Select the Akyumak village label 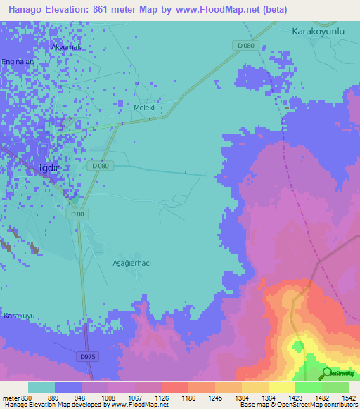(x=67, y=47)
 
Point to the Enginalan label (x=18, y=62)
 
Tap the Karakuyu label (x=19, y=316)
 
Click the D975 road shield (x=87, y=357)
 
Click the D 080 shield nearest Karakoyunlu (x=245, y=46)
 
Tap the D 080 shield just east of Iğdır (x=100, y=165)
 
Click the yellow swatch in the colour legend (x=281, y=387)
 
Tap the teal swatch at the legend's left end (x=41, y=387)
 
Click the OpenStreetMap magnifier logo (x=327, y=373)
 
